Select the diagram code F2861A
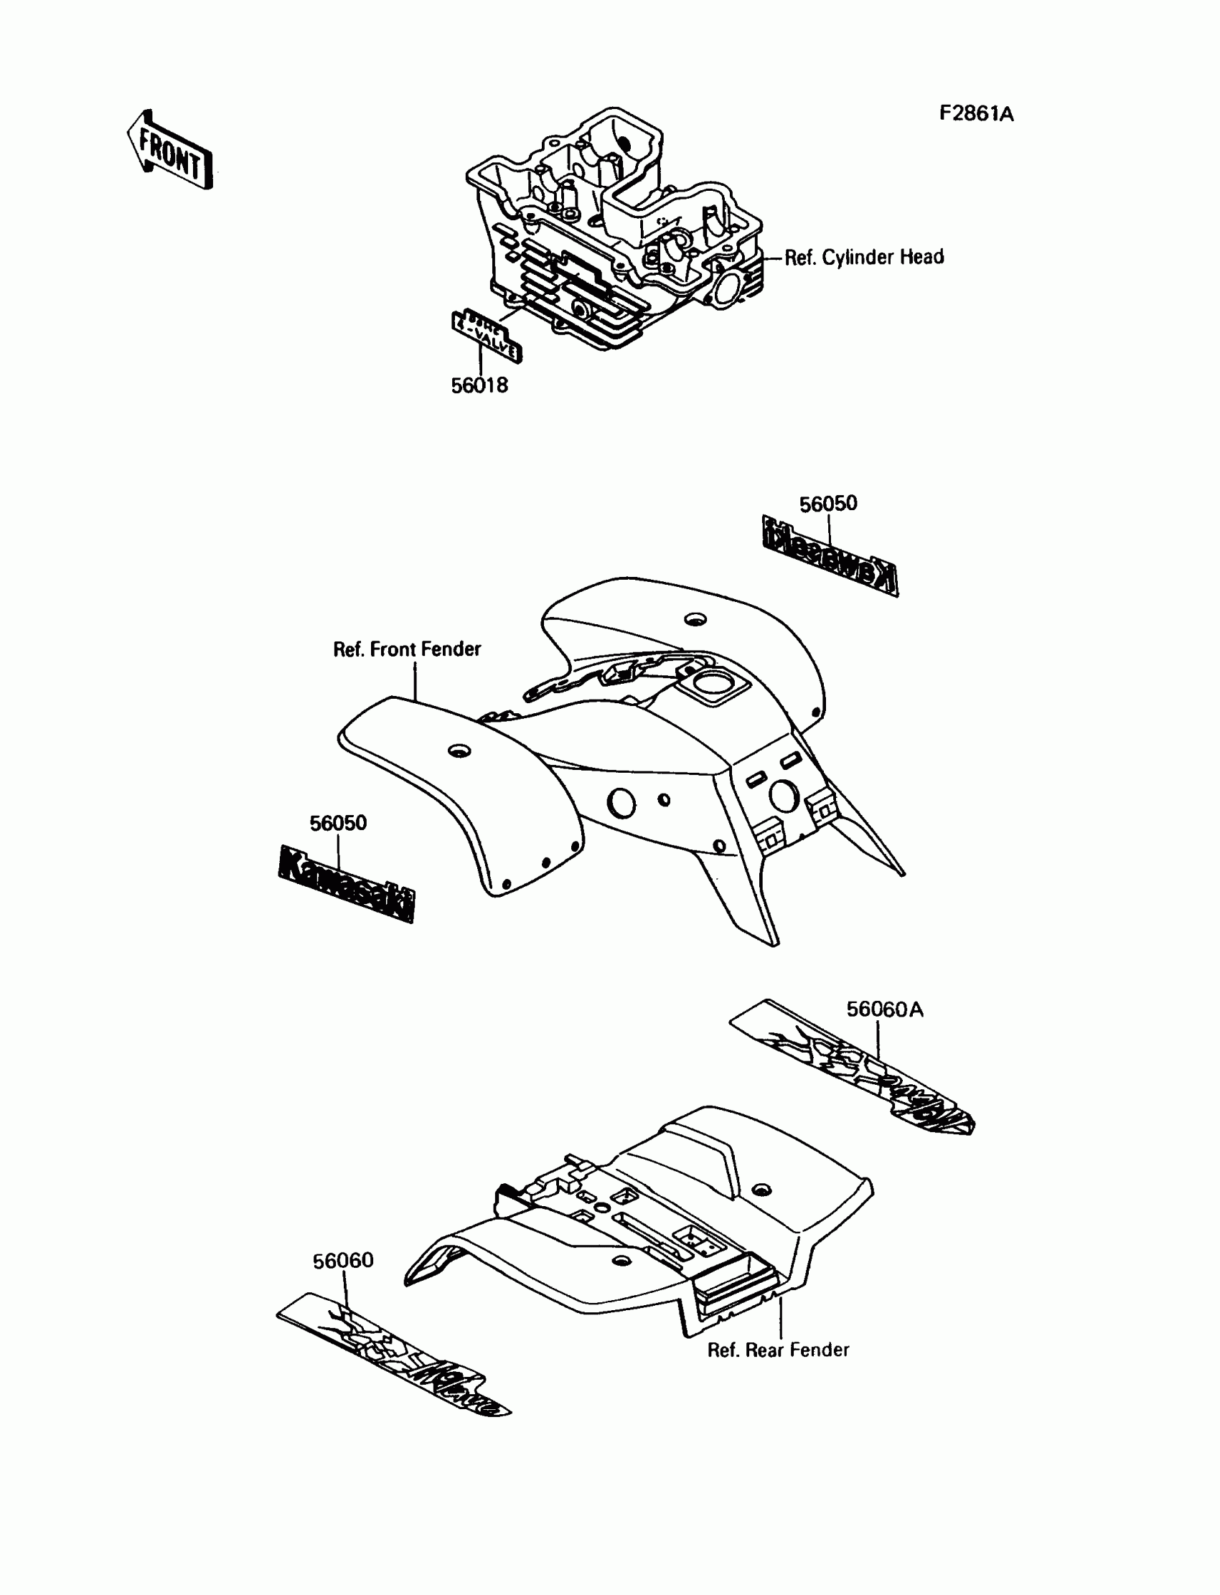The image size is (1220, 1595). pos(976,114)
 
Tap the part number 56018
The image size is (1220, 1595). pos(479,385)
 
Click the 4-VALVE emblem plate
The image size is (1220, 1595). pos(486,336)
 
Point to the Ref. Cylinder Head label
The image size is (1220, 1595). pos(864,257)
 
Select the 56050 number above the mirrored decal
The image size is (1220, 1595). pos(828,504)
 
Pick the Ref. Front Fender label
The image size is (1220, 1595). pos(407,649)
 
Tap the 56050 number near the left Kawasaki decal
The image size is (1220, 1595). pos(338,823)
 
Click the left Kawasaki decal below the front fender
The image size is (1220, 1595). pos(347,883)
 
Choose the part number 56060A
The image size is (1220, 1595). pos(884,1009)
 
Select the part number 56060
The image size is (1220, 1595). pos(343,1261)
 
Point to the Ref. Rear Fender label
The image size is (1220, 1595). pos(778,1350)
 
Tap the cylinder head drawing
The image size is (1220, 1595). pos(617,232)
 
